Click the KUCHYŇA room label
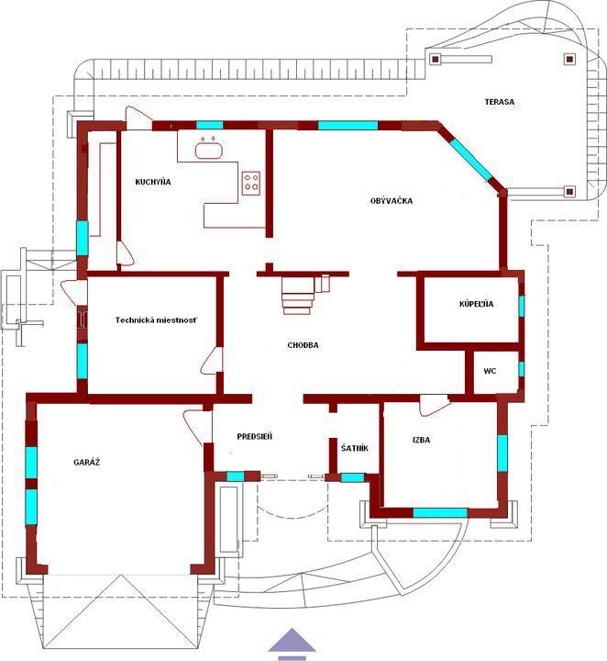[x=153, y=182]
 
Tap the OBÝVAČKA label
[x=392, y=201]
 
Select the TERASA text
[x=499, y=102]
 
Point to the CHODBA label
[x=303, y=345]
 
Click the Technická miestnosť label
[x=156, y=320]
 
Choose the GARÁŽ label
[x=87, y=462]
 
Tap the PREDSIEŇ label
[x=255, y=436]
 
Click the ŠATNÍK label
[x=355, y=448]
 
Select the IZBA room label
[x=421, y=440]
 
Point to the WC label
[x=490, y=371]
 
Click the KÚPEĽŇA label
[x=477, y=304]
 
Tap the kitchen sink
[x=208, y=149]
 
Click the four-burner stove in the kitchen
[x=251, y=184]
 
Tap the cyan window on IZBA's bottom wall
[x=440, y=512]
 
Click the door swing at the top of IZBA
[x=435, y=406]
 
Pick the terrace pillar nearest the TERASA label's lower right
[x=569, y=192]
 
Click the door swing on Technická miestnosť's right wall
[x=211, y=361]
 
